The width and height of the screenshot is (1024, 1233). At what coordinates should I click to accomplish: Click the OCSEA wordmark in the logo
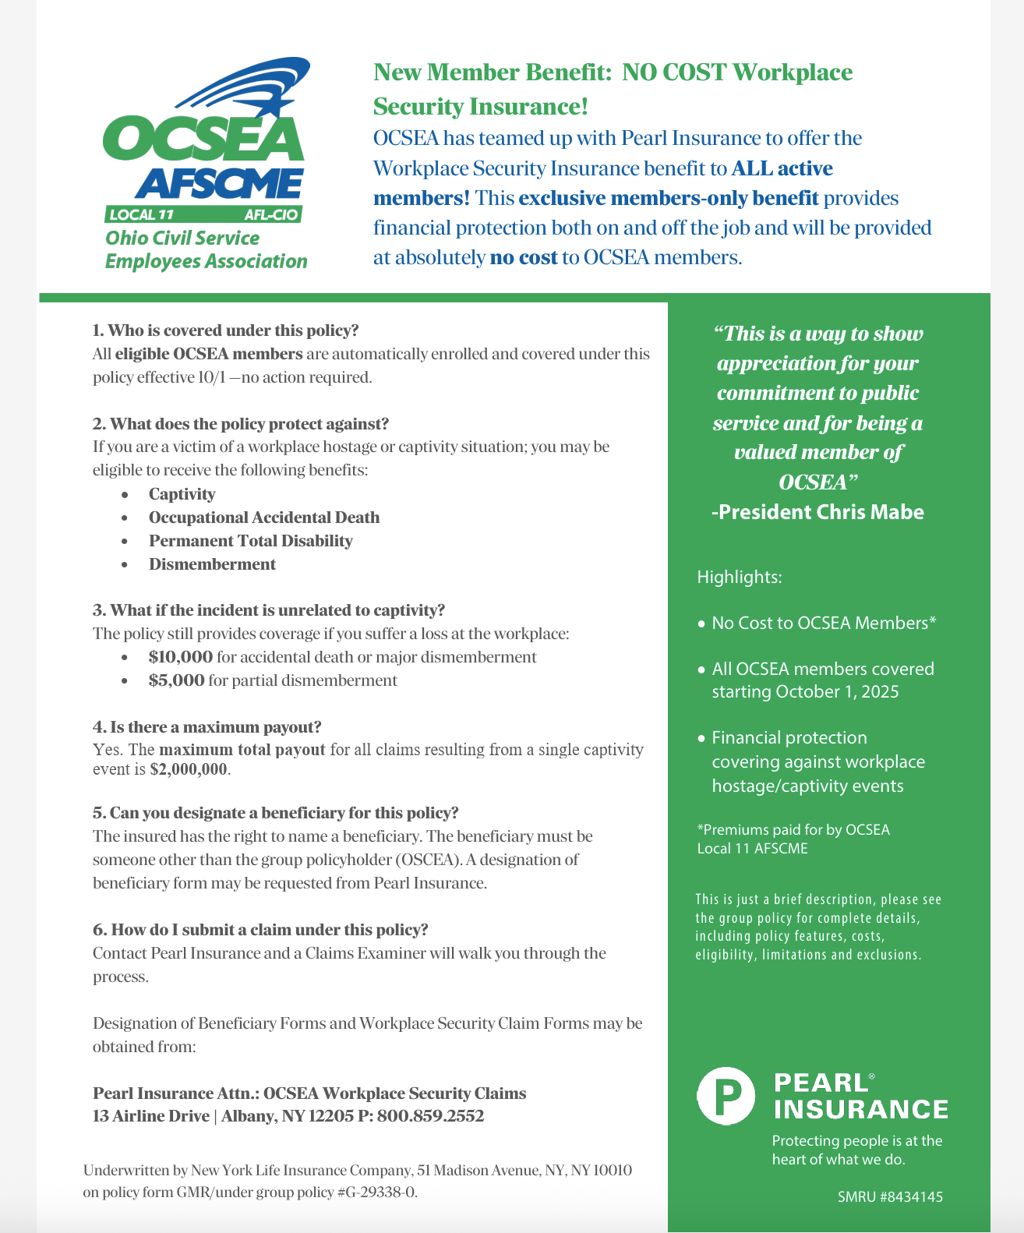pos(203,140)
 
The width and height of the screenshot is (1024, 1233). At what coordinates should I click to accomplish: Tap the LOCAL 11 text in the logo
pos(141,214)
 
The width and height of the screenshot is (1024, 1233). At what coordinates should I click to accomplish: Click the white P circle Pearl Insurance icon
pos(726,1096)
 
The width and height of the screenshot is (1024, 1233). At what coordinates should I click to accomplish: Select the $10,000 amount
pos(181,657)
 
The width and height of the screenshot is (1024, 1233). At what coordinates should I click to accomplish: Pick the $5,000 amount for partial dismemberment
pos(177,680)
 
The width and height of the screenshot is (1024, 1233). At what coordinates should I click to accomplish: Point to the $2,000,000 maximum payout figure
pos(189,769)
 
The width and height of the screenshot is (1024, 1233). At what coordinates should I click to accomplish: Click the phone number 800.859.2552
pos(431,1116)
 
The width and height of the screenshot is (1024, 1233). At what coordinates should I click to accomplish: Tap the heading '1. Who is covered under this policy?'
pos(225,330)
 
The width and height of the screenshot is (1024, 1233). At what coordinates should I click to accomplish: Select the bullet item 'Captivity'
pos(182,494)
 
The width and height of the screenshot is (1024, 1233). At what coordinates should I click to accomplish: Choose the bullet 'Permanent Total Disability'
pos(250,541)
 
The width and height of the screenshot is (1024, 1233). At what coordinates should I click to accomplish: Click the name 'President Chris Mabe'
pos(817,512)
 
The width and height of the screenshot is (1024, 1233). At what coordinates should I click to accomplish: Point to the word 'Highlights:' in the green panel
pos(739,578)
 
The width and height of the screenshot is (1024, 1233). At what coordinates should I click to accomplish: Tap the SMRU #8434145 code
pos(890,1196)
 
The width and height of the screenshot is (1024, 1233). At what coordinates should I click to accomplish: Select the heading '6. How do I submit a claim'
pos(260,930)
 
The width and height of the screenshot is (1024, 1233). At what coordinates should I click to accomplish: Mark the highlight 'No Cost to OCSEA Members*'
pos(824,624)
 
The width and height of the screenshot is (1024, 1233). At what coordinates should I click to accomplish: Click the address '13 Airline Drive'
pos(151,1116)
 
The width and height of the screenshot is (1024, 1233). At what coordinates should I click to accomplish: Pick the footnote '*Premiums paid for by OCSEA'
pos(793,829)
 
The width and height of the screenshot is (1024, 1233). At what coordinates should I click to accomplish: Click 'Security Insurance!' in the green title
pos(480,106)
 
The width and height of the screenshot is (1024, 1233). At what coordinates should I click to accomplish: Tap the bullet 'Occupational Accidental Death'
pos(264,518)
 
